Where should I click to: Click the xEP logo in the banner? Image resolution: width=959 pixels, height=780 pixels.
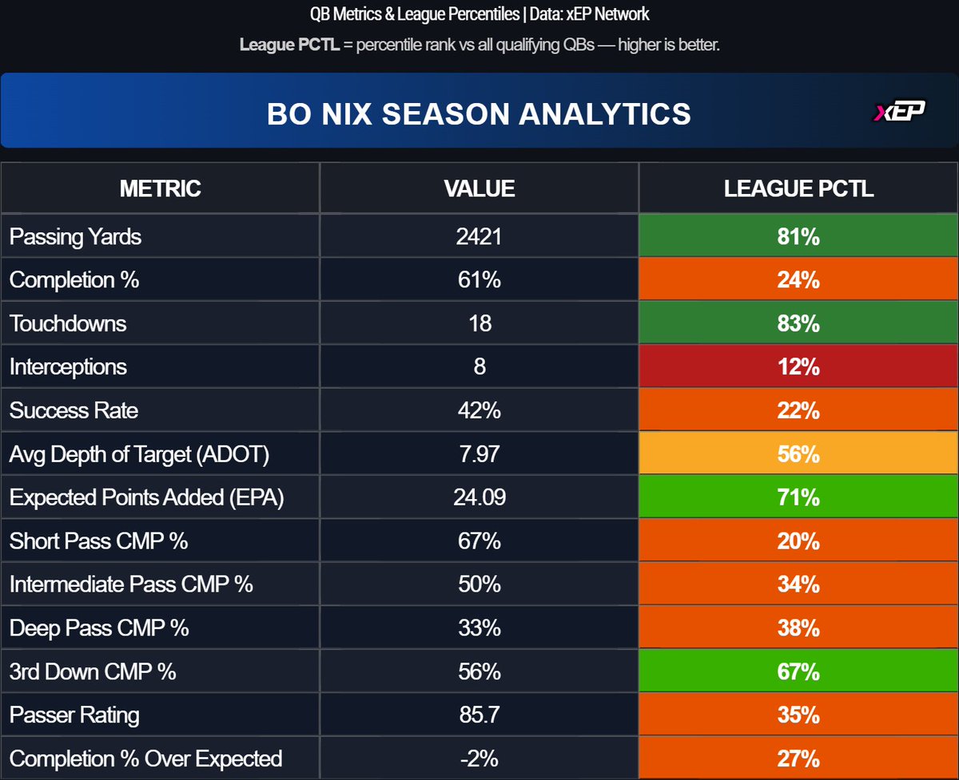click(x=899, y=113)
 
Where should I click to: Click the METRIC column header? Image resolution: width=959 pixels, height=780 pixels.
click(x=160, y=188)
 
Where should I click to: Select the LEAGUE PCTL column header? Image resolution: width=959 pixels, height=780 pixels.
click(x=798, y=188)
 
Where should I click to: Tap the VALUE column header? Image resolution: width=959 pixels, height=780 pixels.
click(x=479, y=188)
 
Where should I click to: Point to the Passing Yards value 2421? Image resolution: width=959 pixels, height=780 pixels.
click(x=479, y=236)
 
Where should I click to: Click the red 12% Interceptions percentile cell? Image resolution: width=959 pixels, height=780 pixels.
click(x=798, y=367)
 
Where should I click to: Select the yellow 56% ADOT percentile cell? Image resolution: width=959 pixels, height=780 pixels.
click(x=798, y=454)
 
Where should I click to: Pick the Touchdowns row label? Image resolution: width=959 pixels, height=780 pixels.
click(x=67, y=323)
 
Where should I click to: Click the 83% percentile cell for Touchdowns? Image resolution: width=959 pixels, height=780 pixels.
click(x=798, y=323)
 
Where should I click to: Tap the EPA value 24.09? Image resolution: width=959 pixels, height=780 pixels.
click(x=479, y=497)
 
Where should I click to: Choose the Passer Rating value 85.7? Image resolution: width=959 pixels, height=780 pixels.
click(x=479, y=715)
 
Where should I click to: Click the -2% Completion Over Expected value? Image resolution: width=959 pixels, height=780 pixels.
click(x=479, y=758)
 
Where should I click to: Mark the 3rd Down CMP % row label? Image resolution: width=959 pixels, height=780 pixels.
click(x=93, y=671)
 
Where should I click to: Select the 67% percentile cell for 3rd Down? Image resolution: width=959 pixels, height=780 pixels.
click(x=798, y=671)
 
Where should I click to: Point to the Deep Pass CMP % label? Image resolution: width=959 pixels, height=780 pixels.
click(x=99, y=628)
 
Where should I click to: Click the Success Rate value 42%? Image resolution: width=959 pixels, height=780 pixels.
click(x=479, y=410)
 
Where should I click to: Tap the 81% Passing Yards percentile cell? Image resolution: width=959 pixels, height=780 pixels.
click(x=798, y=236)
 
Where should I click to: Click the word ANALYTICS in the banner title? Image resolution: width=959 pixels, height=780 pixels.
click(x=605, y=113)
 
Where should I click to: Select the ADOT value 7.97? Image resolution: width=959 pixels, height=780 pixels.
click(x=479, y=454)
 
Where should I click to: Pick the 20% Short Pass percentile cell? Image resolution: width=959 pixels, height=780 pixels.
click(x=798, y=540)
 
